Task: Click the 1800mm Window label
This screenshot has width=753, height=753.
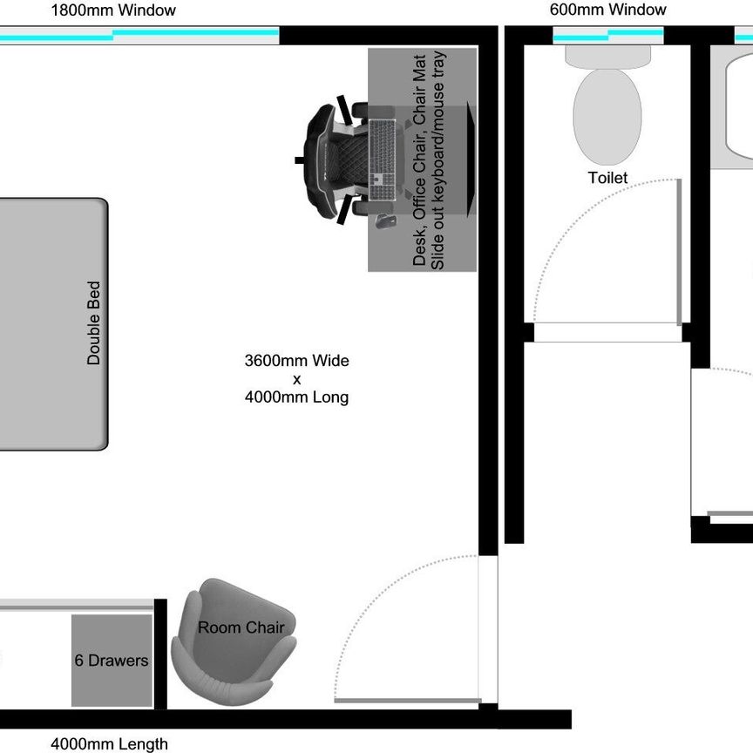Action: tap(113, 10)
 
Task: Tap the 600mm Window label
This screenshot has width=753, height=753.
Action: tap(608, 10)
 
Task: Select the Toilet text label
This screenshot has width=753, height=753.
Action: tap(608, 178)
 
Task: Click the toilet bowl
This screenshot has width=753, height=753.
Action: tap(607, 117)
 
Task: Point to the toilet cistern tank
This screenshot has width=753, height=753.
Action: tap(608, 57)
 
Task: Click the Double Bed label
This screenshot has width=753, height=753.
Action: tap(93, 323)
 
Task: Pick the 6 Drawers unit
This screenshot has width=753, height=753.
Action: tap(112, 661)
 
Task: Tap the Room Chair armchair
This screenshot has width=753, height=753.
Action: tap(234, 641)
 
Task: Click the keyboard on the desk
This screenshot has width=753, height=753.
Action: tap(383, 159)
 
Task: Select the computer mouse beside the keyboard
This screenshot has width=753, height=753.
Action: tap(385, 221)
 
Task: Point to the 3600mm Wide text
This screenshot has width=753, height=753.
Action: tap(297, 361)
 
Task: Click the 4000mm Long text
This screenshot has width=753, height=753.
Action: tap(297, 397)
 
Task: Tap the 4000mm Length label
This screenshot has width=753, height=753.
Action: tap(110, 744)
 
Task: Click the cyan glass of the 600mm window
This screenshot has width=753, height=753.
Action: tap(608, 35)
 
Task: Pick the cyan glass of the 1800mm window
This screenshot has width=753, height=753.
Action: tap(139, 35)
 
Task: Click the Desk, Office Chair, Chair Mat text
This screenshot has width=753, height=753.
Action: tap(419, 159)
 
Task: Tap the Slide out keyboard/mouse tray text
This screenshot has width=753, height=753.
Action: tap(438, 159)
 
